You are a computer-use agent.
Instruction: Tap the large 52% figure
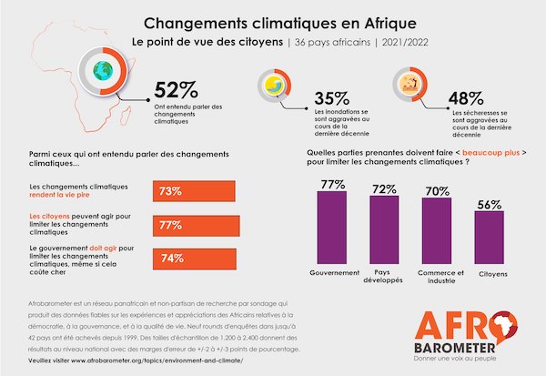176,89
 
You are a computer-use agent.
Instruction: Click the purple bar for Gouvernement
332,229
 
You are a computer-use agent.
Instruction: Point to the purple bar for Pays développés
385,231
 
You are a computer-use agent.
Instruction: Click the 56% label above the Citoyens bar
489,205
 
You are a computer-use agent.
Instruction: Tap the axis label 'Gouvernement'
332,272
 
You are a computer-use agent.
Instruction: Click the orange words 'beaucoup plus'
491,152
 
